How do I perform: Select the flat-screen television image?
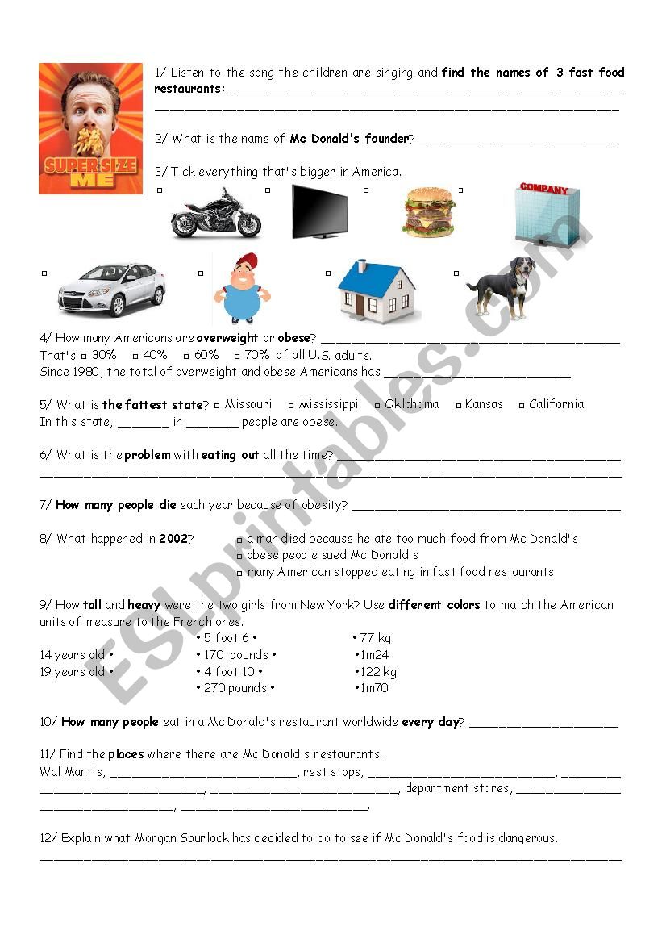(319, 212)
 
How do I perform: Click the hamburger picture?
(428, 212)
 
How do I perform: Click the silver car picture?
(111, 289)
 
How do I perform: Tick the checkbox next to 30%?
(84, 356)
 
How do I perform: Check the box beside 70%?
(237, 356)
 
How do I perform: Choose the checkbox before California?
(522, 405)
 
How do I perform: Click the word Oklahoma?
(411, 404)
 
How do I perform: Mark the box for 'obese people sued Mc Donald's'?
(239, 557)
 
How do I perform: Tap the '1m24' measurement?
(374, 655)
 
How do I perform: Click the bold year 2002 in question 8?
(173, 539)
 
